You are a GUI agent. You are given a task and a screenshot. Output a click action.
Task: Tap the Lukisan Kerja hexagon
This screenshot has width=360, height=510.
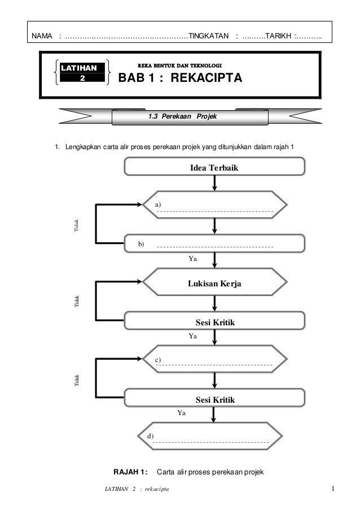coord(214,284)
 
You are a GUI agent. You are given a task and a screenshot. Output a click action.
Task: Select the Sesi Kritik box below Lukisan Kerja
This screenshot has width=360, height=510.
coord(214,322)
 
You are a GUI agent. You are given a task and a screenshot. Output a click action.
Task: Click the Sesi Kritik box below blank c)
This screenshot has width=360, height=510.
coord(214,400)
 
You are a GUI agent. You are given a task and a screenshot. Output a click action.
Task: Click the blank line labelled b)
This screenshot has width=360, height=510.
coord(214,246)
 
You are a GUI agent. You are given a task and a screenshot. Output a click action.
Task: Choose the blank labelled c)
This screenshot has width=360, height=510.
coord(214,363)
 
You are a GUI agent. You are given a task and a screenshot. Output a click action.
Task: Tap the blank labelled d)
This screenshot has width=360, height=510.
coord(211,439)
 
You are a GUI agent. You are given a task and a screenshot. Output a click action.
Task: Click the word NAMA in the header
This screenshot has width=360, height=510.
coord(41,37)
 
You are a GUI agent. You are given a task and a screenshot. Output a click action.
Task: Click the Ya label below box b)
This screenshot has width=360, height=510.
coord(192,258)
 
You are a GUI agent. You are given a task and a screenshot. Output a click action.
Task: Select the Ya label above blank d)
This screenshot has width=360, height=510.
coord(181,413)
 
